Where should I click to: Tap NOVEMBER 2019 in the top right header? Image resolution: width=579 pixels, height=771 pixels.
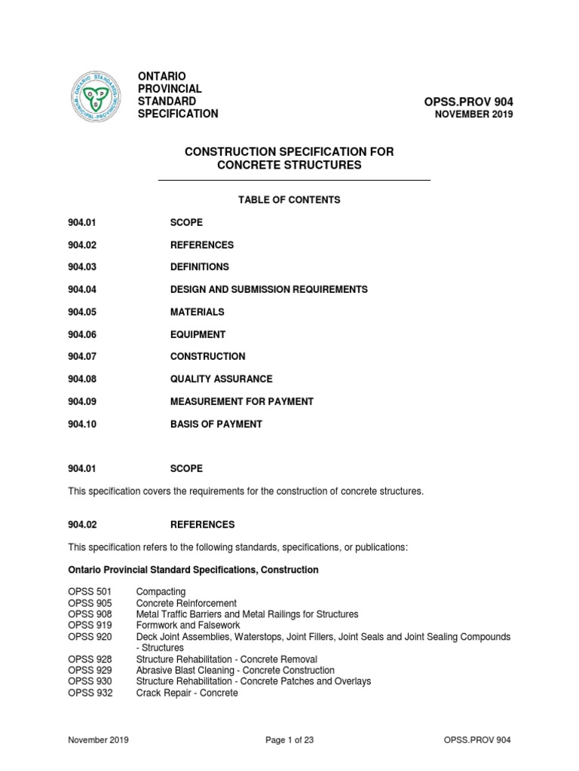click(474, 114)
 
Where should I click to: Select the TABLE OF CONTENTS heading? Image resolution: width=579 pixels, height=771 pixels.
click(289, 200)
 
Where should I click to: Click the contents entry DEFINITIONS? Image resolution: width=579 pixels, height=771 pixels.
click(200, 267)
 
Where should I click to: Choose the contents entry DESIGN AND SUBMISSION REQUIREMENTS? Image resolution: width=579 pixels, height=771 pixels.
click(269, 289)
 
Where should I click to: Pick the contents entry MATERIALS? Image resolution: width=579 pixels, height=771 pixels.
click(198, 312)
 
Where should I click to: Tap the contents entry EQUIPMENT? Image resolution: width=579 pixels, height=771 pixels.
click(198, 334)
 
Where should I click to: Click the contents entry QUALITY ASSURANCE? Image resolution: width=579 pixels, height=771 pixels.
click(222, 379)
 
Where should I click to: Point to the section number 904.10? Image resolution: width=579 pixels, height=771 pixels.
click(82, 424)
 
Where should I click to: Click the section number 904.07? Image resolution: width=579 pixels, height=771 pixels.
click(82, 356)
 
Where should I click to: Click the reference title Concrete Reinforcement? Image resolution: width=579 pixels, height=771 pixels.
click(186, 603)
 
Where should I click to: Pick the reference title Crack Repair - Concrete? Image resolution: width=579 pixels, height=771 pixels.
click(187, 693)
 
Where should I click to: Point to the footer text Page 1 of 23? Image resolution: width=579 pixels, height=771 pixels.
click(289, 740)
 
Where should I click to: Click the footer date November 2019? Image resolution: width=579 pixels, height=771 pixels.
click(98, 740)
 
